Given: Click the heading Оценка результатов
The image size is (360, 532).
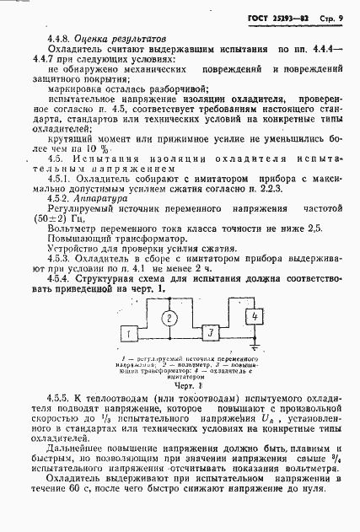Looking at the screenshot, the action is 121,39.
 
